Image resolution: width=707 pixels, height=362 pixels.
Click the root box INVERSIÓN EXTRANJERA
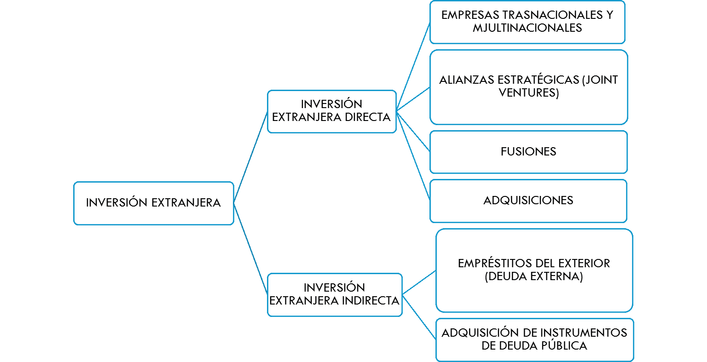coord(153,203)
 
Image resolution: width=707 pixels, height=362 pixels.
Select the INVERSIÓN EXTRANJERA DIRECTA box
coord(331,111)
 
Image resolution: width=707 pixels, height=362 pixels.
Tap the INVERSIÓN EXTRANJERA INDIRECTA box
coord(334,294)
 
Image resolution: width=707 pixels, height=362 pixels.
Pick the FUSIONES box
coord(528,152)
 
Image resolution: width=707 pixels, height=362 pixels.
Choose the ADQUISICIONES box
coord(528,201)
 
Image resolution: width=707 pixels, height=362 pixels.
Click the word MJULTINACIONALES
coord(527,28)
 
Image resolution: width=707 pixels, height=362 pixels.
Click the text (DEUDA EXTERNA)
coord(534,277)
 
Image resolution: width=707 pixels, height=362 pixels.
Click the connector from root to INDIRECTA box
coord(250,248)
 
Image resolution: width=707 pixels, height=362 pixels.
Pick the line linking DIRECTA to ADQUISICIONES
coord(413,156)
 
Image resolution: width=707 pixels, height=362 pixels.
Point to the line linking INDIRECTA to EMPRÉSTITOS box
coord(419,282)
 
